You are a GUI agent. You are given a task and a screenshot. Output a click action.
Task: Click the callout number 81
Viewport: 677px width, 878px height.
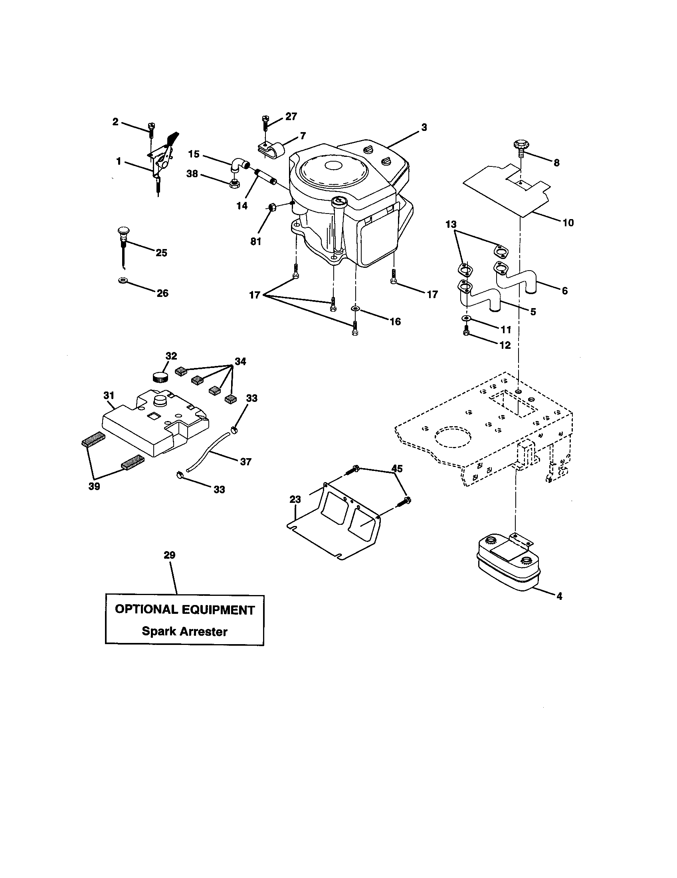256,241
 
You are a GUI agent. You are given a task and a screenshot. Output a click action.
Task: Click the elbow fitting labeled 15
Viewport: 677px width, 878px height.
238,166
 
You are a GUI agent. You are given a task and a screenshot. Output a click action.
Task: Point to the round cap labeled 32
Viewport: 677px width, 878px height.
160,378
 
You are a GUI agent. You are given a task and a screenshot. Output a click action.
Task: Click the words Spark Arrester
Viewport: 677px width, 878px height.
184,631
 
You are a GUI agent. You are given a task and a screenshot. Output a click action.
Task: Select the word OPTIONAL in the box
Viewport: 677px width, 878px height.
146,609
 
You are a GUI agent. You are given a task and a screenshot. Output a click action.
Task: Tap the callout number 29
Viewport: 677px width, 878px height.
170,555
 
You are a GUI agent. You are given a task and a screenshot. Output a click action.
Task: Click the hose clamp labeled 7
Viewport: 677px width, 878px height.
271,150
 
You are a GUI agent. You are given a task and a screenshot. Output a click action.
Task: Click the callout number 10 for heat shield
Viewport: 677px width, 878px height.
568,222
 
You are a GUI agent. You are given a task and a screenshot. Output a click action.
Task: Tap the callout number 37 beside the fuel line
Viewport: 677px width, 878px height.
245,462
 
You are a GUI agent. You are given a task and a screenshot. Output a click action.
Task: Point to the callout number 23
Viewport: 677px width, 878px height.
295,499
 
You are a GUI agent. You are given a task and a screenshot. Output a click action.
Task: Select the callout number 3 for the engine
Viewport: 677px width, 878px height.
424,127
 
